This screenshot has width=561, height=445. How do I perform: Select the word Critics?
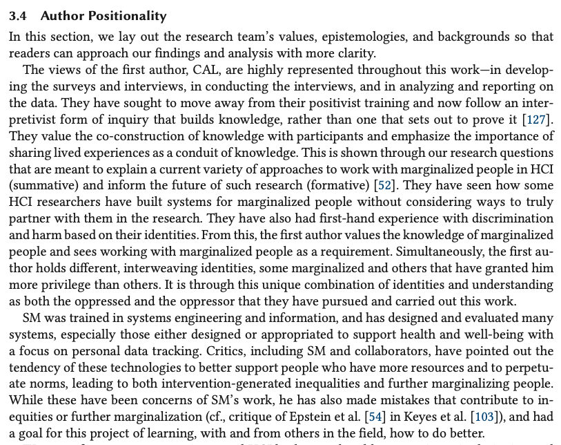tap(228, 351)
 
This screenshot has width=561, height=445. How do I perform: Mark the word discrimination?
tap(511, 218)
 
